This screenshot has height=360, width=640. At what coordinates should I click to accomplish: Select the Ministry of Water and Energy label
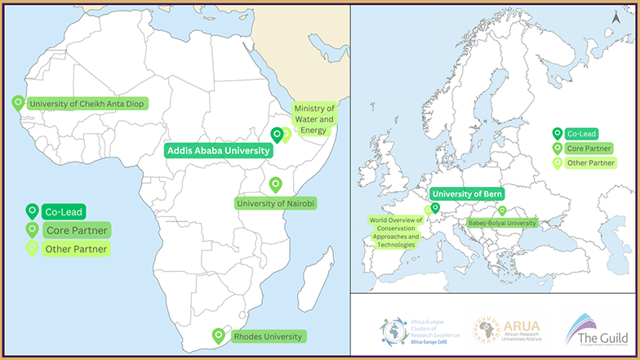(313, 119)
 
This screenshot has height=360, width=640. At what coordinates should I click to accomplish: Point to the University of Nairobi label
(276, 202)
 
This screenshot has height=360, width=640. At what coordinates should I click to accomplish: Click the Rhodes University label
(268, 336)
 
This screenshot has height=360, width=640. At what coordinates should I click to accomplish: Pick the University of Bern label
(467, 193)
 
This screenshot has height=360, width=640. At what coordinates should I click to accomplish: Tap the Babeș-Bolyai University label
(501, 223)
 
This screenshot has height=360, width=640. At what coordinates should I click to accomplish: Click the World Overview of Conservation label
(396, 232)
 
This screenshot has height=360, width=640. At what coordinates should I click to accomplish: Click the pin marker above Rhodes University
(218, 335)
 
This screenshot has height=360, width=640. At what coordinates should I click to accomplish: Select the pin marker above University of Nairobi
(275, 184)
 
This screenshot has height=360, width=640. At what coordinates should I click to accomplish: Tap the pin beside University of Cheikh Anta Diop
(18, 103)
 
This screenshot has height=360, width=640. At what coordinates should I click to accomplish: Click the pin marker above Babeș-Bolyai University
(502, 211)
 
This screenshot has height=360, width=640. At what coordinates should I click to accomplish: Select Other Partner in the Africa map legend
(76, 249)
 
